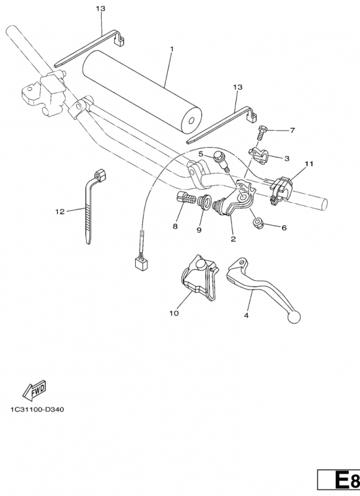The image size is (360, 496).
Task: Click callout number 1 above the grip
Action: [x=172, y=50]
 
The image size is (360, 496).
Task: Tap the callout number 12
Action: [x=59, y=211]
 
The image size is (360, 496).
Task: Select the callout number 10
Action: [x=174, y=313]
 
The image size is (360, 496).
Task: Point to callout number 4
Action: [x=246, y=316]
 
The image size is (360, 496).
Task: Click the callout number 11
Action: [x=309, y=164]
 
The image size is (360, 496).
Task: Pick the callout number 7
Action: [x=292, y=130]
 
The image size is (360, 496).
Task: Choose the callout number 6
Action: [x=284, y=228]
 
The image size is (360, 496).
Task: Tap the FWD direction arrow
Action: [x=35, y=389]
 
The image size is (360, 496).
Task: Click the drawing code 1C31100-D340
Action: [x=37, y=410]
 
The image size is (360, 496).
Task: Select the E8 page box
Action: [x=339, y=484]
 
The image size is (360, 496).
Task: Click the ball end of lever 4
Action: [x=294, y=317]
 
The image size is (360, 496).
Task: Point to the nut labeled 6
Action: [x=257, y=223]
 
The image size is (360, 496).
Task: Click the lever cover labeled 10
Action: [x=200, y=277]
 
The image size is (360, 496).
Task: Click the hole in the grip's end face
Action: [x=191, y=121]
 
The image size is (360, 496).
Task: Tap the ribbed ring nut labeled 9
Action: [x=202, y=202]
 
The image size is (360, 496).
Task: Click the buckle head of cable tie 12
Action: [x=100, y=175]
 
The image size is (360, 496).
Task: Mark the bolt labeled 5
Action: [x=221, y=161]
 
